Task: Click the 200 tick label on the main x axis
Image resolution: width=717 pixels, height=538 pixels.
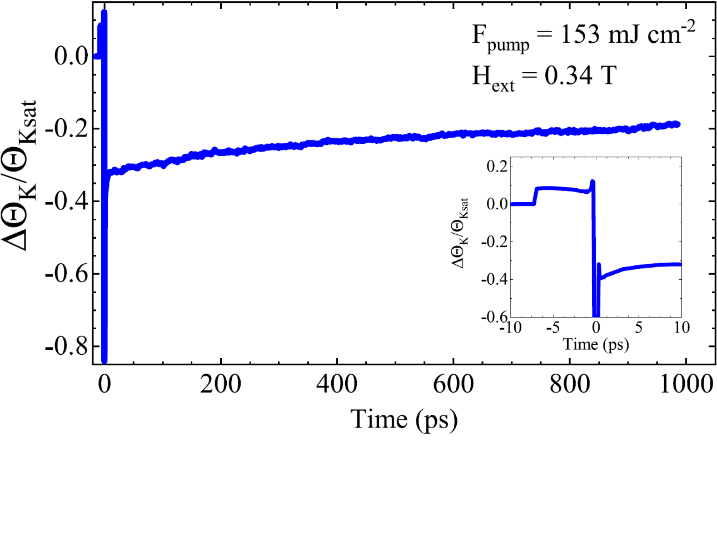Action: (x=221, y=384)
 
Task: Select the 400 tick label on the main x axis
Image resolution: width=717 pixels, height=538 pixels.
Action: (x=337, y=384)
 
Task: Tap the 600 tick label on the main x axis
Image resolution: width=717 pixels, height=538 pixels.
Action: (x=453, y=384)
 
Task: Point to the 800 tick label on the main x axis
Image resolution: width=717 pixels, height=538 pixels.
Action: (x=570, y=384)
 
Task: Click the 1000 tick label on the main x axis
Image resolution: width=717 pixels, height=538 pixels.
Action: (x=686, y=384)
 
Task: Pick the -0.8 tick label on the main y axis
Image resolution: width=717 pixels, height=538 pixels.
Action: (x=67, y=346)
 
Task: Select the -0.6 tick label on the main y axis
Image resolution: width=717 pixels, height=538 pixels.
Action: (x=67, y=274)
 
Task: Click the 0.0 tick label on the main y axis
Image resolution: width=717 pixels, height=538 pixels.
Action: (x=71, y=56)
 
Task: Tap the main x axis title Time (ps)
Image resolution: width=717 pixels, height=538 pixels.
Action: (x=404, y=419)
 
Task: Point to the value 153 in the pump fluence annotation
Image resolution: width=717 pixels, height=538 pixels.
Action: (x=580, y=35)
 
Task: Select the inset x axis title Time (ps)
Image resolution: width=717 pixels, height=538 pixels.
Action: (x=596, y=344)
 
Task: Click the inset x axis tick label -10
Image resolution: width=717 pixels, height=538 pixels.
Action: (x=510, y=327)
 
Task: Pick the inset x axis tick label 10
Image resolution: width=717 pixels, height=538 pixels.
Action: (x=681, y=327)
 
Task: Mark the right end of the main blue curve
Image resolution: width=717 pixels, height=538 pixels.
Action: (x=677, y=124)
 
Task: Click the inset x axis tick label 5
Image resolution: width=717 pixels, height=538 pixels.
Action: (x=639, y=327)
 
